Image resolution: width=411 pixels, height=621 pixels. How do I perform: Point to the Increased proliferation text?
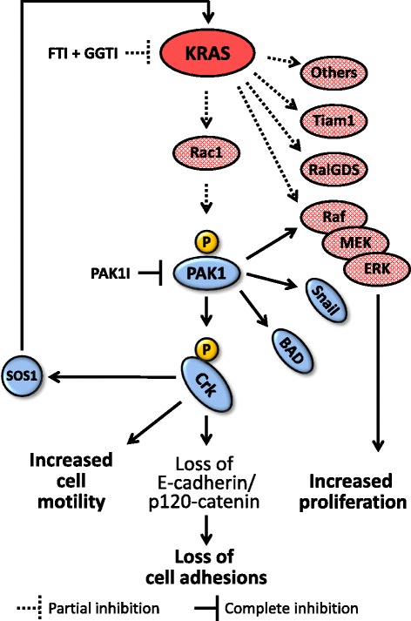pyautogui.click(x=359, y=491)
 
